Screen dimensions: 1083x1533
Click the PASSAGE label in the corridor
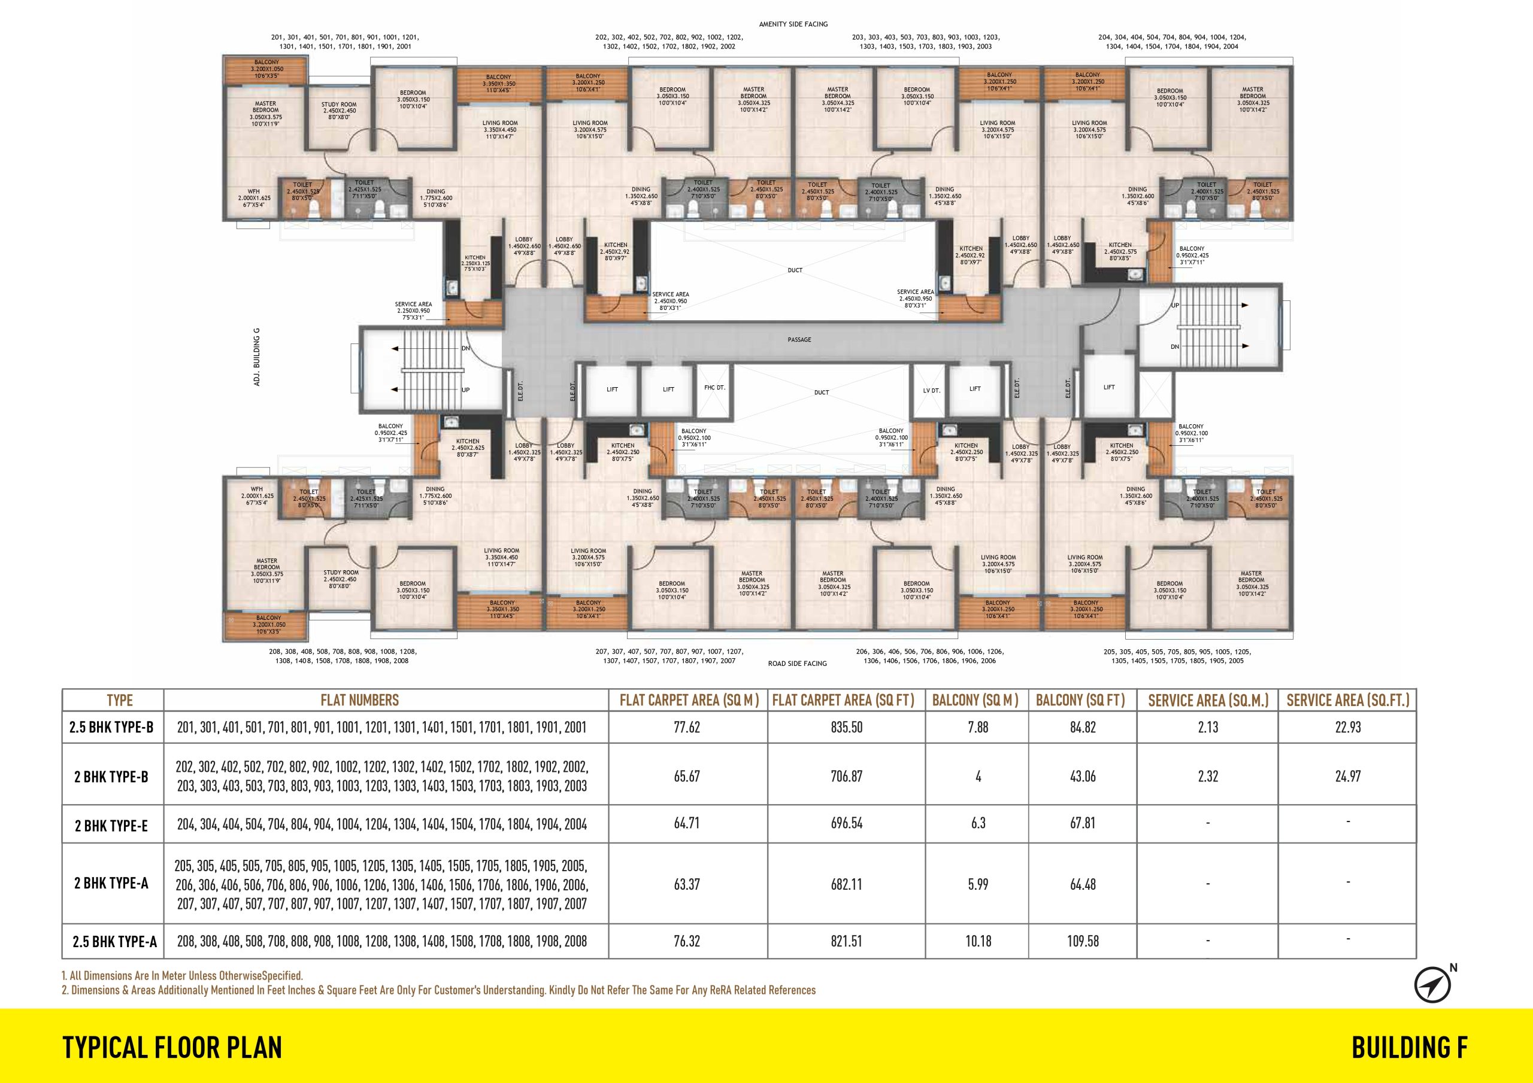799,340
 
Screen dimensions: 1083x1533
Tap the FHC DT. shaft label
714,388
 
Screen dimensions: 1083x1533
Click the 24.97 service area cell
1347,777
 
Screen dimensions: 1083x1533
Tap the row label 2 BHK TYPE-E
111,826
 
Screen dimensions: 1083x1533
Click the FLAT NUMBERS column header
359,700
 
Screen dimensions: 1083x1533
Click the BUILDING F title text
1410,1048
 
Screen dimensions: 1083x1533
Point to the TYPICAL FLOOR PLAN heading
172,1048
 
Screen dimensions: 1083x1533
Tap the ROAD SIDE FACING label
797,664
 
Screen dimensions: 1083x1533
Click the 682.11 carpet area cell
847,885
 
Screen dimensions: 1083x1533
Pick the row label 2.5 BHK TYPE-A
115,942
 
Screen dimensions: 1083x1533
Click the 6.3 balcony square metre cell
978,823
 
